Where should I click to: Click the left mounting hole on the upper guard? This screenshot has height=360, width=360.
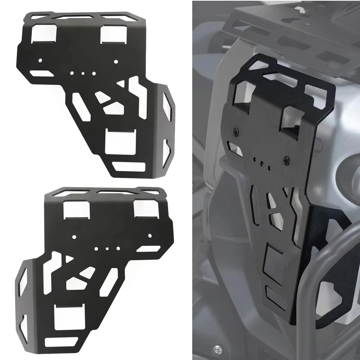(x=41, y=60)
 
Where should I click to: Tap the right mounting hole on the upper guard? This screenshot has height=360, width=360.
(x=116, y=62)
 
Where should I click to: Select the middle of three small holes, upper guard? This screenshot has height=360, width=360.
(x=83, y=73)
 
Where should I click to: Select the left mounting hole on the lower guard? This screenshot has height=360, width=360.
(x=74, y=237)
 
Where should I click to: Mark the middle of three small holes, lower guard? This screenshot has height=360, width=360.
(x=107, y=248)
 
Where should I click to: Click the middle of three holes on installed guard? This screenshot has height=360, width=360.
(x=262, y=162)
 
